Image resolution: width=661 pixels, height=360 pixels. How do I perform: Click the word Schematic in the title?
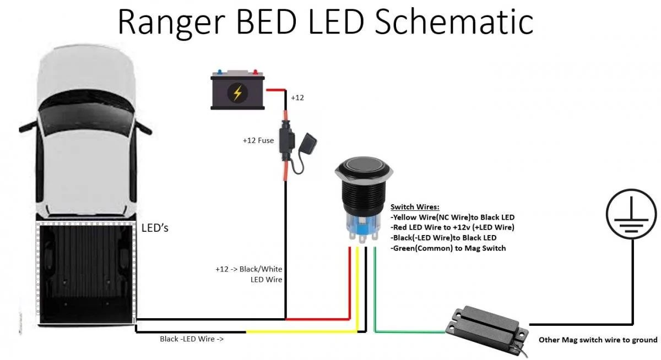pos(454,23)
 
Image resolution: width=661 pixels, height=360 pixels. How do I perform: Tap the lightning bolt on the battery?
pos(237,93)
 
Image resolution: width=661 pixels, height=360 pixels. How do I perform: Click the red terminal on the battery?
pos(255,72)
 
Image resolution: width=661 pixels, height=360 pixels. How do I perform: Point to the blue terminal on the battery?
pos(220,72)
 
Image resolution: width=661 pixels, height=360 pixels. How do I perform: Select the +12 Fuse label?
pos(258,140)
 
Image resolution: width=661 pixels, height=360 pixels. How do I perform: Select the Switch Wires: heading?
pos(415,207)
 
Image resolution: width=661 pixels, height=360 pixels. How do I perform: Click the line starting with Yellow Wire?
pos(452,217)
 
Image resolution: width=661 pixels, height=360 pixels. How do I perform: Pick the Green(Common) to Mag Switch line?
pos(448,248)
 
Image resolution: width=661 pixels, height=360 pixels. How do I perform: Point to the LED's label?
pos(155,228)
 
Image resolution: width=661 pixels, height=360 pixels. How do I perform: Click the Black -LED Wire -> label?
pos(192,339)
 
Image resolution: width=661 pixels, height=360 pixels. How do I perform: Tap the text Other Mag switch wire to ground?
pos(598,340)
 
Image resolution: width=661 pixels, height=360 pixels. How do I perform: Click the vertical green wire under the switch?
pos(375,290)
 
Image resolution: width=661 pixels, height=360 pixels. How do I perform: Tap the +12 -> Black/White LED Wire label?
pos(249,274)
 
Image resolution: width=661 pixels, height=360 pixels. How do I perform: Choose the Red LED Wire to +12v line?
pos(452,227)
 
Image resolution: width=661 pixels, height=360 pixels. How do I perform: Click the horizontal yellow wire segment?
pos(302,332)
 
